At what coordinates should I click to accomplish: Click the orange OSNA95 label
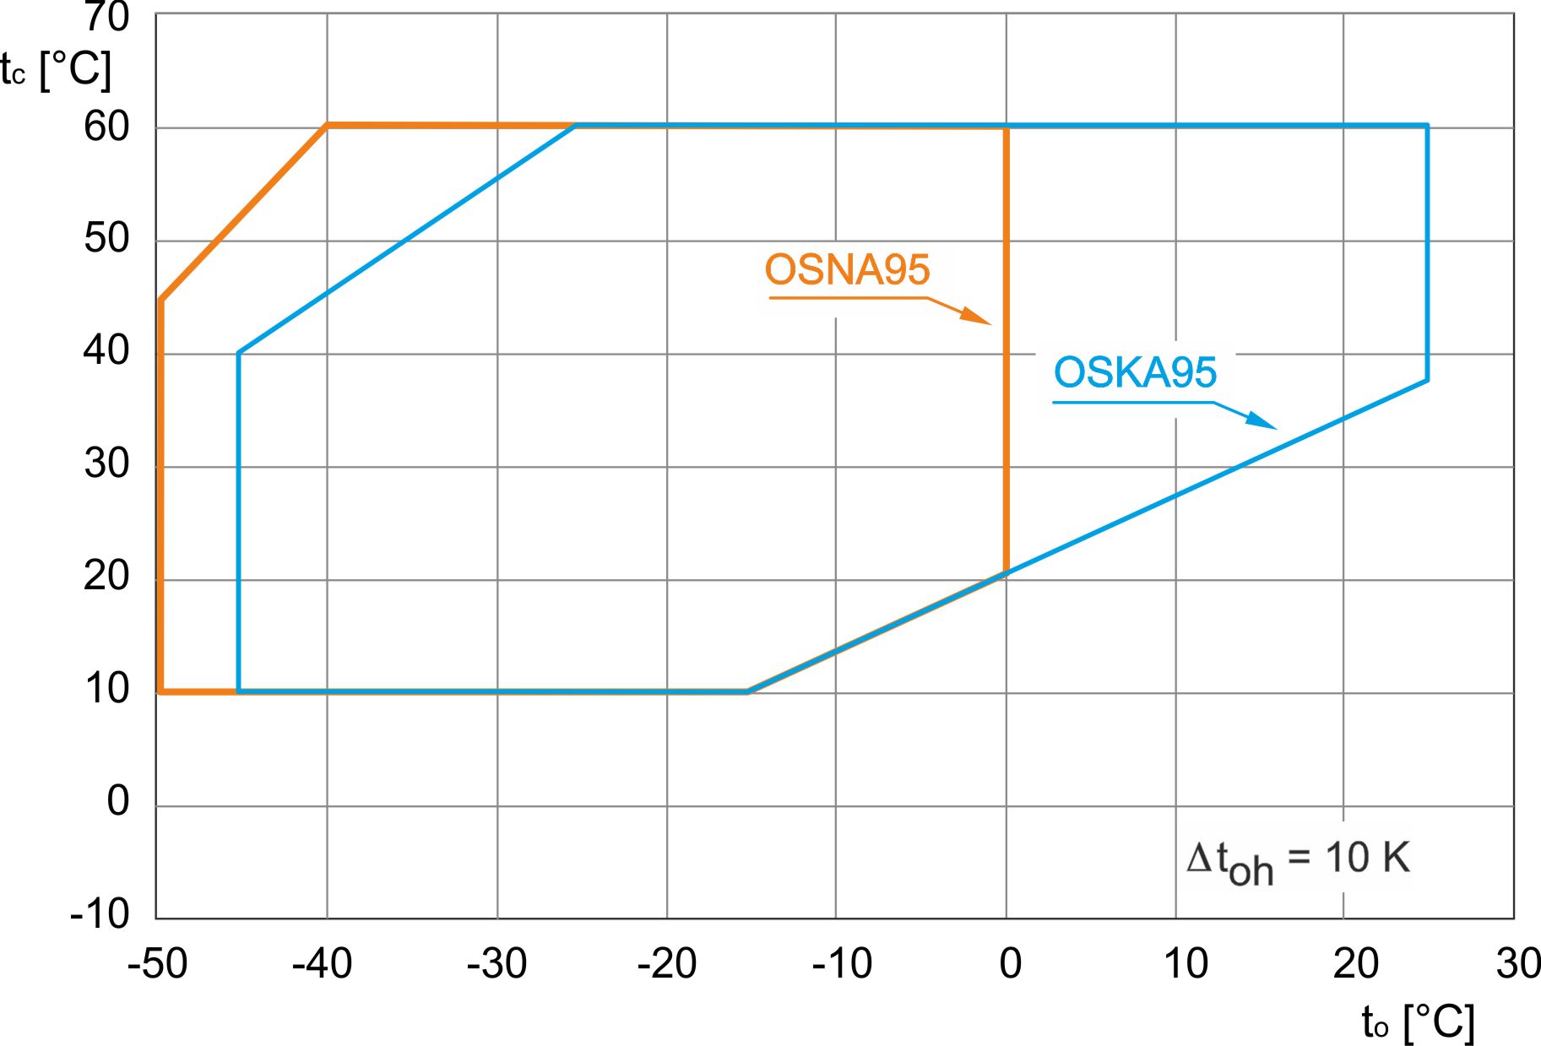click(847, 270)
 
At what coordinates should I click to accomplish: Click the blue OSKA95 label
click(1135, 372)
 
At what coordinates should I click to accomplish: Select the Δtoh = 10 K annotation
click(1298, 860)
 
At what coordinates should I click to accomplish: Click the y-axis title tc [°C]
click(56, 69)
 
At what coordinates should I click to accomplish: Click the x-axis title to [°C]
click(1418, 1022)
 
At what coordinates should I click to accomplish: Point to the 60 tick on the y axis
click(106, 127)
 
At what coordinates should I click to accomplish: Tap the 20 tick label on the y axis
click(106, 577)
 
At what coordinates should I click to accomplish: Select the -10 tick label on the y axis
click(100, 913)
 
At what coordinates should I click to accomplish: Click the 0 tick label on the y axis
click(118, 801)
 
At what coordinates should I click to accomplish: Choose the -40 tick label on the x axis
click(322, 963)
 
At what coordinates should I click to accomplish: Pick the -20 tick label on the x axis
click(666, 963)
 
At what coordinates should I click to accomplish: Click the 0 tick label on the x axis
click(1010, 963)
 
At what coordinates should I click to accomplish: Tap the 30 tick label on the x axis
click(1517, 963)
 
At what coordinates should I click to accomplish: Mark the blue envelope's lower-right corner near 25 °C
click(1427, 380)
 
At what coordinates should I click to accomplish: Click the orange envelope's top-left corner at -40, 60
click(328, 126)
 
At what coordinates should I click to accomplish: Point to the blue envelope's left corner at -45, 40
click(239, 353)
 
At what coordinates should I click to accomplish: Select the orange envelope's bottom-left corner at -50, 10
click(160, 691)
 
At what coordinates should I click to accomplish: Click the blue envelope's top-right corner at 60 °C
click(1427, 127)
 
